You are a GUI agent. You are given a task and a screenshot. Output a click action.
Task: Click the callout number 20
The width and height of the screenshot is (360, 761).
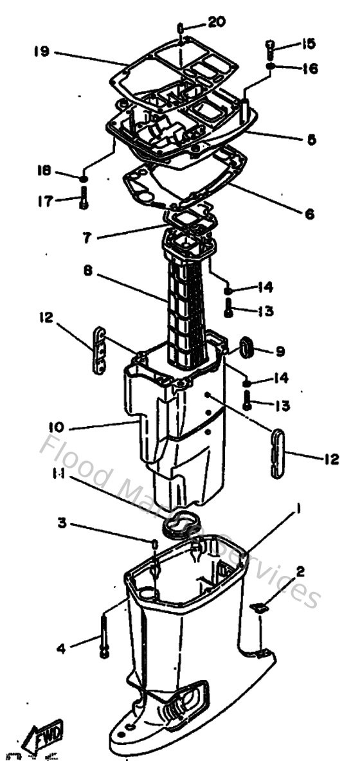click(x=217, y=22)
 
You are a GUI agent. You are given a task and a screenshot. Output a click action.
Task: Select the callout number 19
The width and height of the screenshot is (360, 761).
click(x=42, y=51)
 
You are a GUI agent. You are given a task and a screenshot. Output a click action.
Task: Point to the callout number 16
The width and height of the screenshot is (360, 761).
click(x=310, y=68)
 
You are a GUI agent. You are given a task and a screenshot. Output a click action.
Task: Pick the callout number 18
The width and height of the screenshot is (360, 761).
click(x=43, y=172)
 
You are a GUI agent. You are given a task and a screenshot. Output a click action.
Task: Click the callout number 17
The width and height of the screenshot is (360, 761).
click(x=43, y=201)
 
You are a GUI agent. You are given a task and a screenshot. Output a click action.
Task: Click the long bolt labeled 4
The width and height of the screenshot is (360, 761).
click(x=102, y=636)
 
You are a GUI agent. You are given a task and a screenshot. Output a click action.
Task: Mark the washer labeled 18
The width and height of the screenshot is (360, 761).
click(x=84, y=177)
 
